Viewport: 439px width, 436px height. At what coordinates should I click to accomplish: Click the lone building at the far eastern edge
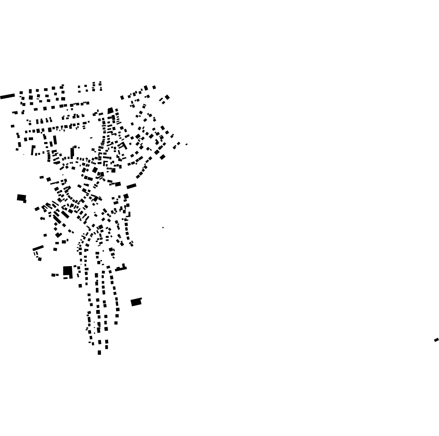(x=436, y=340)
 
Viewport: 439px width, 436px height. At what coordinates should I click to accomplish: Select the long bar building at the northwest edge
(x=8, y=96)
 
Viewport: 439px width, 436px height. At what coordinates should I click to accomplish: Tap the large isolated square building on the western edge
(x=21, y=197)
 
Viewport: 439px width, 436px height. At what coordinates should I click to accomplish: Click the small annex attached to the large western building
(x=25, y=201)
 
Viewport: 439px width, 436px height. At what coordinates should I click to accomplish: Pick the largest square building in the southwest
(x=68, y=270)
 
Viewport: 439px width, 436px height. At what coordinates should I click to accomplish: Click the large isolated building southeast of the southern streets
(x=136, y=302)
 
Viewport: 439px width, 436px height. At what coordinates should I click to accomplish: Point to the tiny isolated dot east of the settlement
(x=163, y=227)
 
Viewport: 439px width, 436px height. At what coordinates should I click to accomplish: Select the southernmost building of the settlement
(x=99, y=352)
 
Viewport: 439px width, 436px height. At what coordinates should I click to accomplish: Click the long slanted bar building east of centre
(x=131, y=186)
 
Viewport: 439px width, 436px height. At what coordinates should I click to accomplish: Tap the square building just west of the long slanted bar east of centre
(x=118, y=184)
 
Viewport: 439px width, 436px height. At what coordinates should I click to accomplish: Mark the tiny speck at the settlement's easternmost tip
(x=186, y=144)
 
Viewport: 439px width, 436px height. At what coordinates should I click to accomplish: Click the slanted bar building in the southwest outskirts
(x=38, y=248)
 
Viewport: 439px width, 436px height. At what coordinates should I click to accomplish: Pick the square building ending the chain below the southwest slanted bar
(x=40, y=259)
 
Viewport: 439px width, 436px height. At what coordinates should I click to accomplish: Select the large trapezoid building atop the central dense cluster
(x=110, y=111)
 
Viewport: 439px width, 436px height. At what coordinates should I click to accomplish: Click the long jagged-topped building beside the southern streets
(x=121, y=268)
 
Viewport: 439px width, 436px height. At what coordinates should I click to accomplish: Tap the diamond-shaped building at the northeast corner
(x=167, y=97)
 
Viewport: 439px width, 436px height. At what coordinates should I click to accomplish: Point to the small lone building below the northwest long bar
(x=13, y=126)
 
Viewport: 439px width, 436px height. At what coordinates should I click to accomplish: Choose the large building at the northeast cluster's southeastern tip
(x=162, y=157)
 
